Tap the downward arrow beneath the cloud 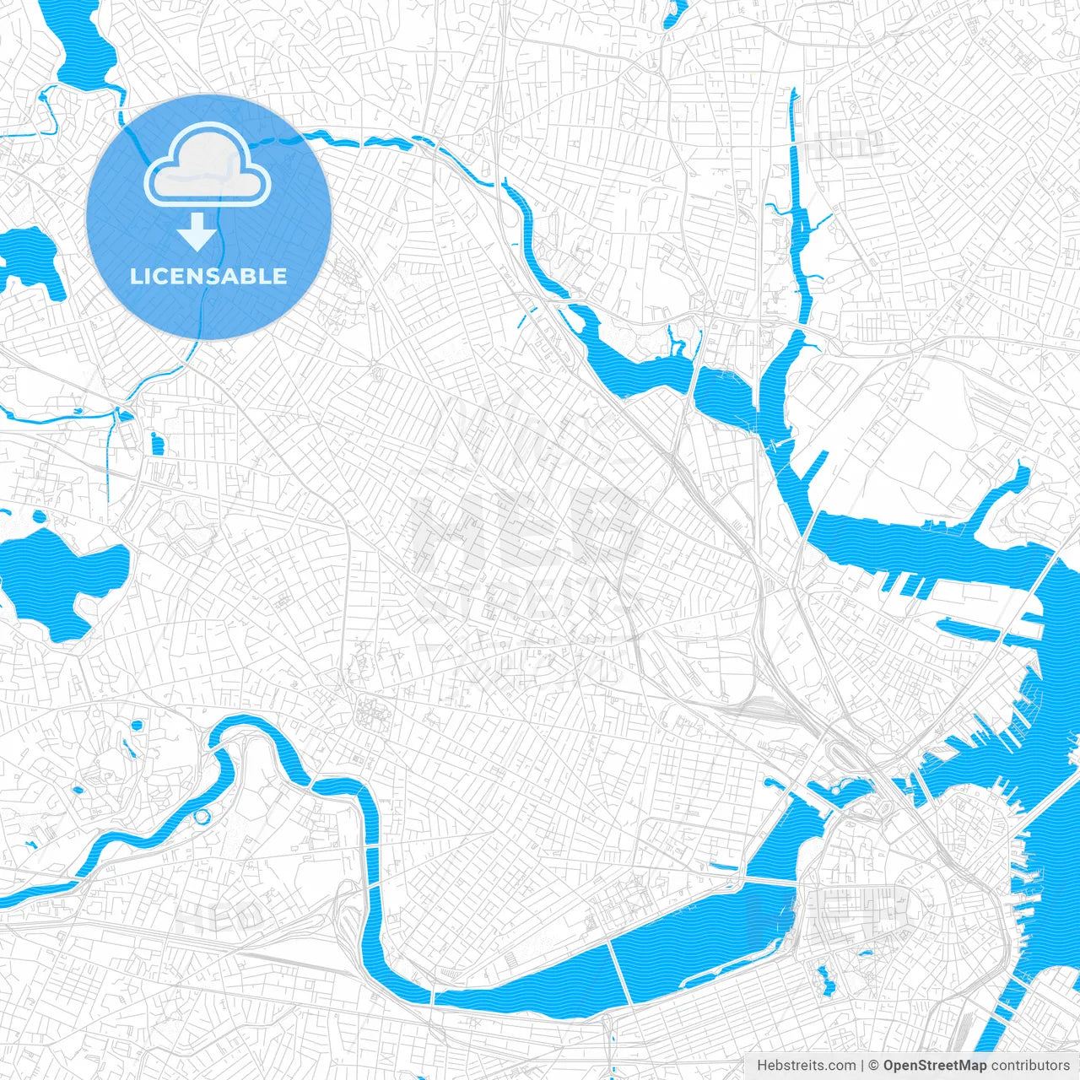tap(197, 233)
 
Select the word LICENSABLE tap(208, 277)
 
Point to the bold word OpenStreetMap tap(935, 1066)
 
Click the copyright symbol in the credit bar tap(873, 1066)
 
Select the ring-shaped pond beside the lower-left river tap(202, 816)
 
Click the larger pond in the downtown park tap(825, 980)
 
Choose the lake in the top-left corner tap(84, 51)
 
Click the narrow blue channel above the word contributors tap(1000, 1025)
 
